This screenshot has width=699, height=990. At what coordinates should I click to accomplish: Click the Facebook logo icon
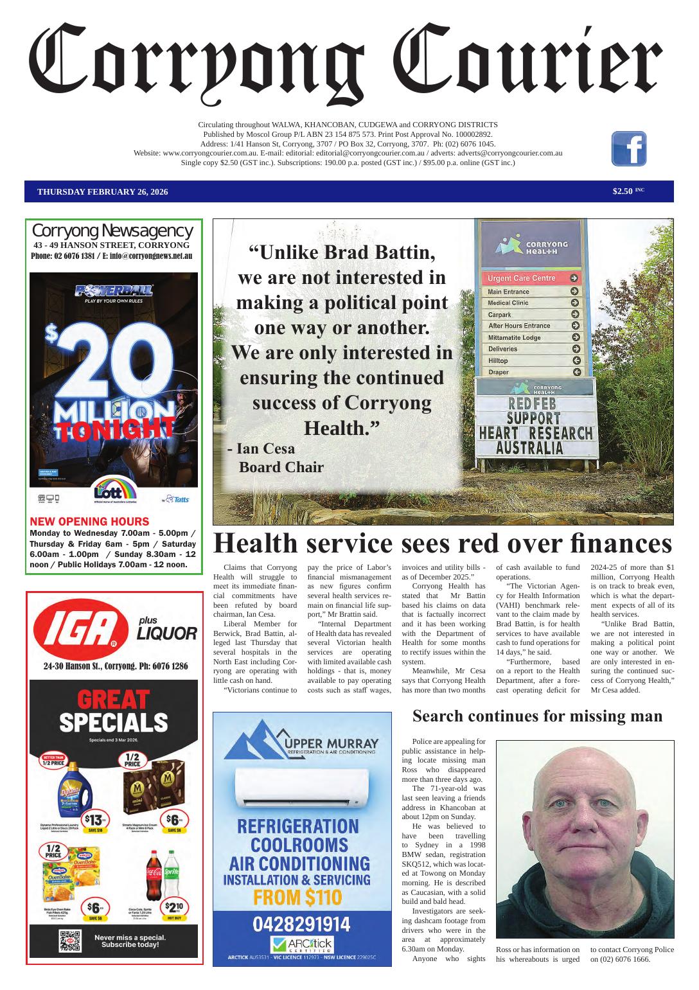coord(628,148)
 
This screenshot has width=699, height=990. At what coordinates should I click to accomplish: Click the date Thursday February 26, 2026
coord(103,191)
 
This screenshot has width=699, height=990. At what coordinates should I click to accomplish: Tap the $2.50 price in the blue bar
coord(623,191)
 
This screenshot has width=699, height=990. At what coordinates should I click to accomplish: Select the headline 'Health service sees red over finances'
coord(442,544)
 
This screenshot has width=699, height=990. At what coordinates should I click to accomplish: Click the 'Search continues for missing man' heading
coord(536,716)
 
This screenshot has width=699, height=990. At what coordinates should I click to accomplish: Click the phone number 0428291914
coord(301,924)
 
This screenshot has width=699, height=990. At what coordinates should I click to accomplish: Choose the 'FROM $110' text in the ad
coord(301,897)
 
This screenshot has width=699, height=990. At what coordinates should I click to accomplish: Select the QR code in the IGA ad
coord(70,941)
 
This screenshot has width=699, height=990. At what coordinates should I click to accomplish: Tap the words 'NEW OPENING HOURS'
coord(89,522)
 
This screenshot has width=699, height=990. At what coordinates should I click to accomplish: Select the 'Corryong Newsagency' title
coord(112,231)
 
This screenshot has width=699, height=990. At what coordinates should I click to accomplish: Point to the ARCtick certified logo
coord(301,944)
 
